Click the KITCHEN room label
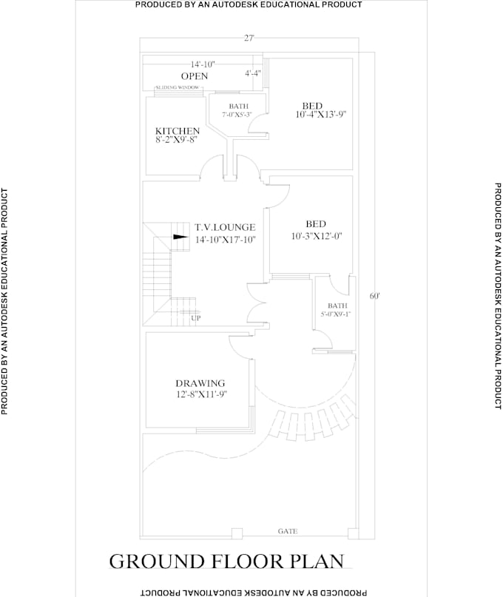pos(177,131)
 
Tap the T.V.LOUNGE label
pos(225,227)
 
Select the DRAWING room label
pos(200,383)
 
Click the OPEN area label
pos(195,76)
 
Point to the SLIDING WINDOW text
pos(177,88)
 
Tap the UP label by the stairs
pos(196,318)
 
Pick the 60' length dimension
pos(376,296)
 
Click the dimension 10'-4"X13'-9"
pos(321,115)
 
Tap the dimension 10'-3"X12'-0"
pos(317,236)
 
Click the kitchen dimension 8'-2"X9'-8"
pos(177,141)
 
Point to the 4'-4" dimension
pos(253,73)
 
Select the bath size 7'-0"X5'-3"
pos(237,115)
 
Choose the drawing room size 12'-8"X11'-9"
pos(200,394)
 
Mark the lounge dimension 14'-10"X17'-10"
pos(225,240)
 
